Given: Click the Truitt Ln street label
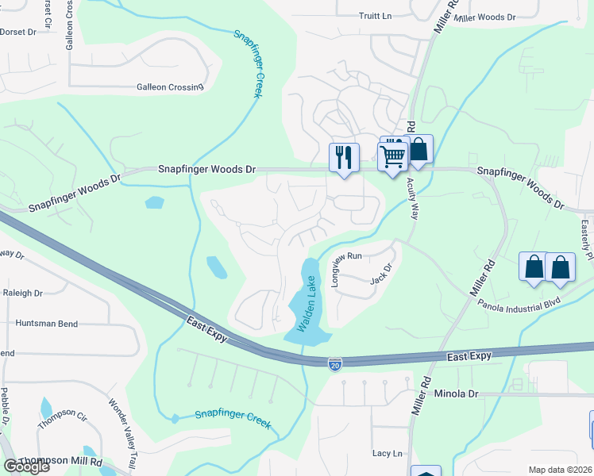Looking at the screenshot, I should [376, 16].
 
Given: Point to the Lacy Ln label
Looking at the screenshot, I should [388, 453].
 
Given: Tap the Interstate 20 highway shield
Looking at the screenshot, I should [336, 363].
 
